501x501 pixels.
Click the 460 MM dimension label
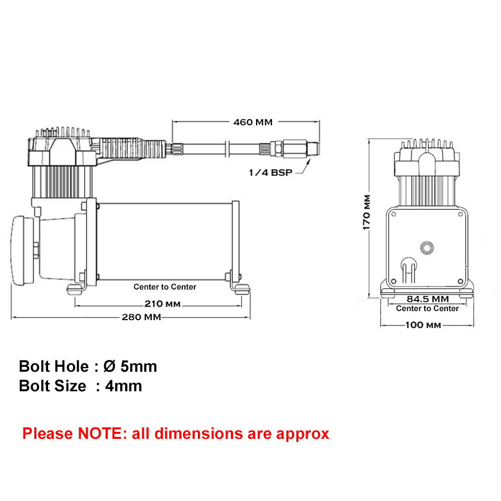click(x=253, y=122)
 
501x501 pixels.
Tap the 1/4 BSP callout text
click(x=271, y=172)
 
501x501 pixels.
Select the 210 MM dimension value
click(x=162, y=304)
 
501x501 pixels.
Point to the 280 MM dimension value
click(x=141, y=317)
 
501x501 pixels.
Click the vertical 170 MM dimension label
click(x=367, y=212)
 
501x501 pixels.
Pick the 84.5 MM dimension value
click(x=427, y=299)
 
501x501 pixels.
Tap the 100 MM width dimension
click(x=423, y=325)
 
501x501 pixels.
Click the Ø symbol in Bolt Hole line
click(x=109, y=366)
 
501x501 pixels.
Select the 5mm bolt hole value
click(x=139, y=367)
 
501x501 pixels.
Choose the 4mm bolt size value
click(x=124, y=386)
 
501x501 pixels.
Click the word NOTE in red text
click(x=100, y=433)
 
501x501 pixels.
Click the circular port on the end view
click(x=427, y=247)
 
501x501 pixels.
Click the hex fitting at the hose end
click(x=277, y=149)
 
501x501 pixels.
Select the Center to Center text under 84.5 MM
click(x=427, y=308)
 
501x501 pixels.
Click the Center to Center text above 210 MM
click(x=165, y=287)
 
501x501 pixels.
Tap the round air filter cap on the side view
click(x=23, y=250)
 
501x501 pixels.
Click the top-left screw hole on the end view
click(x=394, y=214)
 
